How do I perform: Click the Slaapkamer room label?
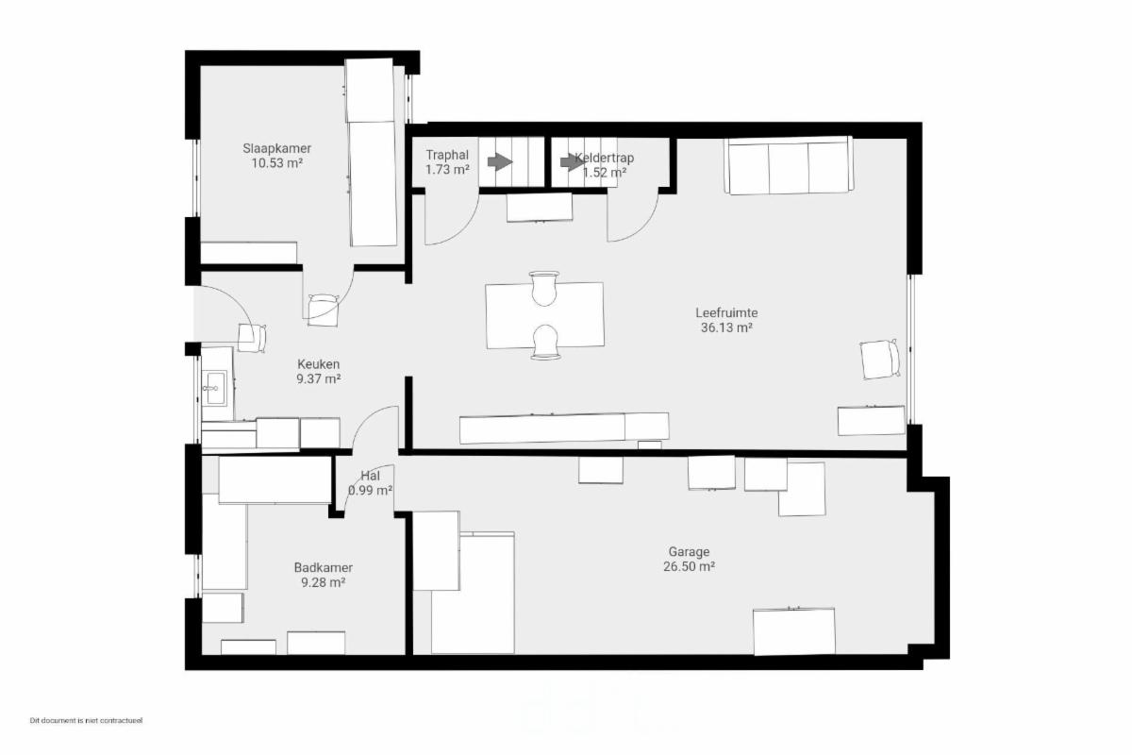click(277, 149)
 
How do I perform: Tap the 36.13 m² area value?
click(726, 327)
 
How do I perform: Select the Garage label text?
click(689, 552)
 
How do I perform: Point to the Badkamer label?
click(324, 568)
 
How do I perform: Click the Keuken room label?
click(319, 364)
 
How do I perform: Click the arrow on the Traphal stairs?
click(500, 161)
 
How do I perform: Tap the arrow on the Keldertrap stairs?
click(573, 161)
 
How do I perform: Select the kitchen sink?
click(214, 388)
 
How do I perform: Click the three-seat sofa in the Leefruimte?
click(789, 165)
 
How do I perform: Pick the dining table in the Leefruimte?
click(545, 315)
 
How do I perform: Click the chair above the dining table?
click(544, 288)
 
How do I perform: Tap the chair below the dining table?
click(545, 342)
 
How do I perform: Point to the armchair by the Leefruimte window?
click(880, 359)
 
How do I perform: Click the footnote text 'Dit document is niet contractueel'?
click(87, 721)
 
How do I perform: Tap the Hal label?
click(371, 476)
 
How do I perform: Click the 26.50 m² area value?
click(689, 566)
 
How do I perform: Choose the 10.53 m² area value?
click(277, 163)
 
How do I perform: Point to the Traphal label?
click(447, 155)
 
